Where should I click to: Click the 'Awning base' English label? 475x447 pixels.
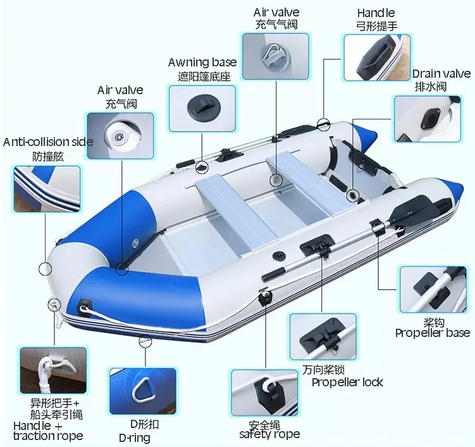[202, 62]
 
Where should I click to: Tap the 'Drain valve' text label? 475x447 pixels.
[441, 74]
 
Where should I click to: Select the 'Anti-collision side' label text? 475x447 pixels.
[48, 142]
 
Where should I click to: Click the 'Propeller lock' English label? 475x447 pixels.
[347, 382]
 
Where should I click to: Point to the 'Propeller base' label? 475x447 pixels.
[433, 333]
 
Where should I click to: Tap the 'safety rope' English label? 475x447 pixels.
[269, 434]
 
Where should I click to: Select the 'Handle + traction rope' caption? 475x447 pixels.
[47, 431]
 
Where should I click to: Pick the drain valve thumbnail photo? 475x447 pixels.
[427, 118]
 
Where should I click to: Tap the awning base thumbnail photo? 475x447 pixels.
[202, 108]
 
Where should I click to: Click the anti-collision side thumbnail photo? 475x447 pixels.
[47, 188]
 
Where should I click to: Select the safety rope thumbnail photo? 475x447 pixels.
[264, 392]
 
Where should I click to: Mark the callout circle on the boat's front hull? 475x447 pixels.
[46, 268]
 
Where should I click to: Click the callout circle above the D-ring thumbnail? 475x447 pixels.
[145, 341]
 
